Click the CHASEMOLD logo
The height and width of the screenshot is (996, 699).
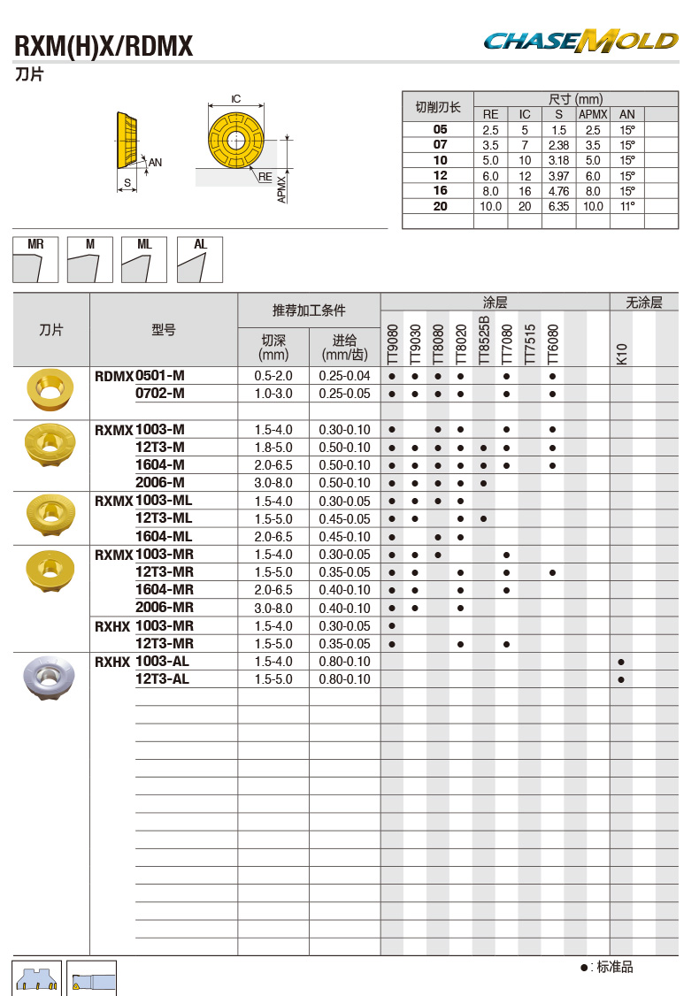pos(580,41)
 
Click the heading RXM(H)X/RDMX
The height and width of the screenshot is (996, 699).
pos(104,46)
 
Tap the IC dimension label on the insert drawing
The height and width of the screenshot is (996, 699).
pos(236,99)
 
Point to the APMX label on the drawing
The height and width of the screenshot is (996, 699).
pos(281,188)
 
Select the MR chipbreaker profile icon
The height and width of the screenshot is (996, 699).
pos(35,259)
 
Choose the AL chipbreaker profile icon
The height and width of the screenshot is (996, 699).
pos(200,259)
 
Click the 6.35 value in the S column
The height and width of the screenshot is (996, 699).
pos(557,206)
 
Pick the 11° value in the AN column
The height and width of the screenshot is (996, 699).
pos(627,206)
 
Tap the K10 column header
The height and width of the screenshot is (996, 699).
pos(621,353)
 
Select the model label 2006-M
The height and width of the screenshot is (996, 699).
pos(160,483)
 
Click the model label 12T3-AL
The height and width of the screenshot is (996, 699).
pos(162,679)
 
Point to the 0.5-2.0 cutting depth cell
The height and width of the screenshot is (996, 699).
pos(273,376)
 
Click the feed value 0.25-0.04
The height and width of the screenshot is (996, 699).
pos(344,376)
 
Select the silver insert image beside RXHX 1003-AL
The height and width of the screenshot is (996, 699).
pos(50,677)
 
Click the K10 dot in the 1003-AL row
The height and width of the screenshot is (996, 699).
pos(621,662)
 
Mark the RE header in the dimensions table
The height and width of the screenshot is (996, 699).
pos(490,114)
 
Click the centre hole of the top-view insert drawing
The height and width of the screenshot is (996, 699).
pos(236,141)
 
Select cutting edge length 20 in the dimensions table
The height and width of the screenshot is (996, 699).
pos(440,206)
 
